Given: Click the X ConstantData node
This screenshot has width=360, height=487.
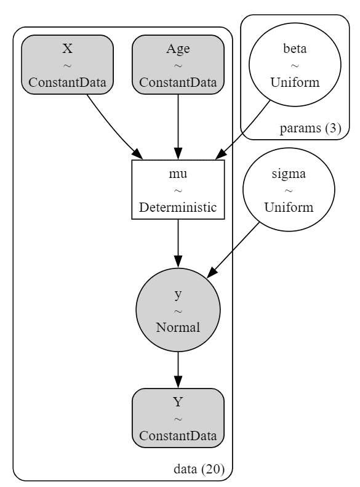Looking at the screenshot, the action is (x=67, y=65).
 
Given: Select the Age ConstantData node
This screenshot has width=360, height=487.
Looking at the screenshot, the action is (x=178, y=65).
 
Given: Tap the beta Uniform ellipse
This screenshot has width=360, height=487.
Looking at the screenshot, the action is (x=295, y=65).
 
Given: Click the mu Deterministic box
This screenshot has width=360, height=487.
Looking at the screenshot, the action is (x=178, y=190).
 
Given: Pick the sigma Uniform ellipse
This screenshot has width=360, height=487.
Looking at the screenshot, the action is (x=289, y=190).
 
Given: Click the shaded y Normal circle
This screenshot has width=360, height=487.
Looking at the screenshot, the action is (x=178, y=310).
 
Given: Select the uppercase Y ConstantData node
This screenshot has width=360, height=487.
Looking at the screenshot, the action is (x=178, y=418).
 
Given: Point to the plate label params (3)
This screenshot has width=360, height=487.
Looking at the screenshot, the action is (x=310, y=128).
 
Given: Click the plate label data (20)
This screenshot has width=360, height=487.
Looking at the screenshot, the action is (x=199, y=469).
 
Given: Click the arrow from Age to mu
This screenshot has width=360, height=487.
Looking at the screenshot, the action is (x=178, y=127).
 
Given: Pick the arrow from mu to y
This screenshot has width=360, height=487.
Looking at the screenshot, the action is (x=178, y=244).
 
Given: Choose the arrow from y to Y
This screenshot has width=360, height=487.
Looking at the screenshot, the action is (x=178, y=370).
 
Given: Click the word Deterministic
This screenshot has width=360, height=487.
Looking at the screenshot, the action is (x=178, y=207).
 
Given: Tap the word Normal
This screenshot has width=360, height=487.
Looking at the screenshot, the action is (x=178, y=328).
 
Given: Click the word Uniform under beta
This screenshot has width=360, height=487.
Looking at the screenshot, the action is (x=295, y=83).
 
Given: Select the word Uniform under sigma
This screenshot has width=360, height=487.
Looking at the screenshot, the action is (x=289, y=207).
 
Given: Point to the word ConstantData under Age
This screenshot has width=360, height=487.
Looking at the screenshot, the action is (x=178, y=83).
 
